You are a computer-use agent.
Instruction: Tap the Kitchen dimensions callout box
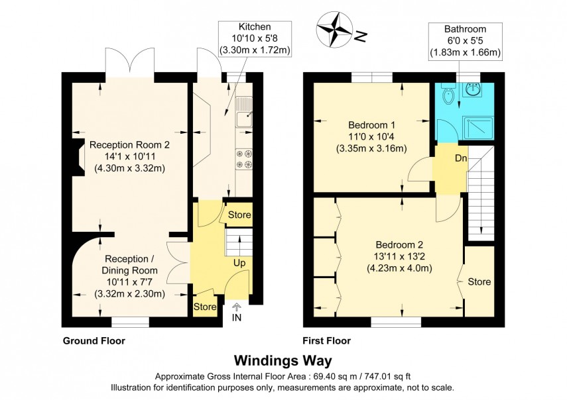pos(255,38)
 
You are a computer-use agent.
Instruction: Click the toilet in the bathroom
pos(448,97)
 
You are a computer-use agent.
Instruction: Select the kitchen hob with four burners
pos(243,158)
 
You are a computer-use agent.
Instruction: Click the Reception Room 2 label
pos(126,144)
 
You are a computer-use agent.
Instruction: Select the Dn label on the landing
pos(460,158)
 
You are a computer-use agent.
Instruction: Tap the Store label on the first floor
pos(479,282)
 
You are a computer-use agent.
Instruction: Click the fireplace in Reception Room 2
pos(79,160)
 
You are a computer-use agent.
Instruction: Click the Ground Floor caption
pos(94,341)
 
